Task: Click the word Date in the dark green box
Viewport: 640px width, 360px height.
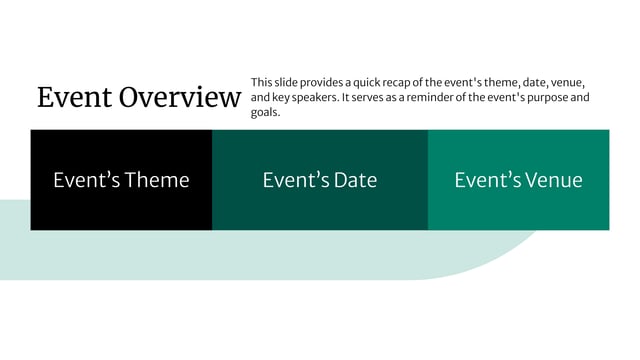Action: pyautogui.click(x=355, y=180)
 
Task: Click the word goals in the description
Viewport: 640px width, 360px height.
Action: pyautogui.click(x=265, y=113)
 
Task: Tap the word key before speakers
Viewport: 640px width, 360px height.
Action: pyautogui.click(x=273, y=98)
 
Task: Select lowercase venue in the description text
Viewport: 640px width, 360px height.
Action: pyautogui.click(x=566, y=82)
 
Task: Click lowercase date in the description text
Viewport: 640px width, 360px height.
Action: pyautogui.click(x=530, y=82)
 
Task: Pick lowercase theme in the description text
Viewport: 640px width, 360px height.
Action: pyautogui.click(x=492, y=82)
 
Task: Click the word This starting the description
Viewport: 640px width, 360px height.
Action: pyautogui.click(x=261, y=82)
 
